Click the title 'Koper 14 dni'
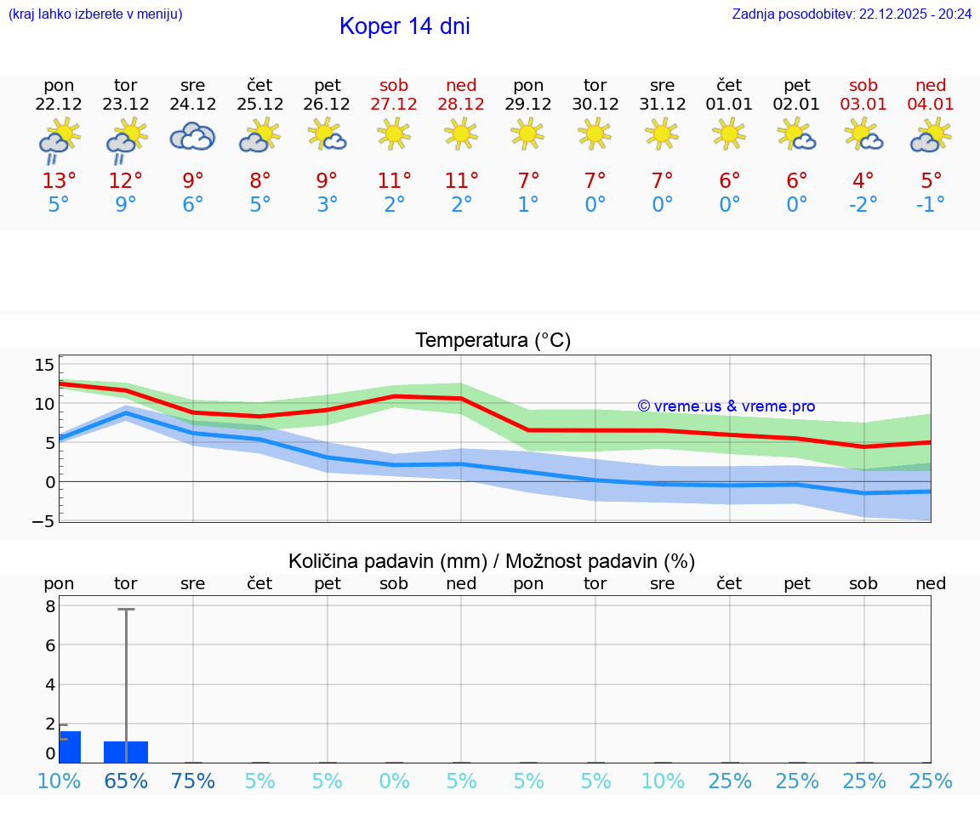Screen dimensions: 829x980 (404, 26)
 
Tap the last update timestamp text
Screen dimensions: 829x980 (852, 14)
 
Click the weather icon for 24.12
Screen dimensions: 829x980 (193, 137)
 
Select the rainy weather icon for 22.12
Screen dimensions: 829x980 (59, 140)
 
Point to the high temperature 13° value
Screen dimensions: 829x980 (59, 181)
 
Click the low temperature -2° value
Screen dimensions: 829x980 (863, 205)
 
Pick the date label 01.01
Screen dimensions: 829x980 (729, 105)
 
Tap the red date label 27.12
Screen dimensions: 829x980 (394, 105)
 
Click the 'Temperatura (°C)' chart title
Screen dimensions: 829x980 (493, 341)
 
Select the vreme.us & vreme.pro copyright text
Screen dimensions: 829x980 (726, 406)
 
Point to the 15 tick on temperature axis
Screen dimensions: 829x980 (44, 365)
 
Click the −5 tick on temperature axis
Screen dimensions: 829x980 (43, 520)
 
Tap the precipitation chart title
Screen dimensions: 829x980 (491, 561)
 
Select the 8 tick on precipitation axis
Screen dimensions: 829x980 (50, 606)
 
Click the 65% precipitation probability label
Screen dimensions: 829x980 (126, 781)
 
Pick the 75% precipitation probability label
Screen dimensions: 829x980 (193, 781)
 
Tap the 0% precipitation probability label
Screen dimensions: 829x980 (394, 781)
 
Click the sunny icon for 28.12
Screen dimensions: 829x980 (461, 133)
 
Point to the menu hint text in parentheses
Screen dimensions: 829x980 (95, 14)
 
